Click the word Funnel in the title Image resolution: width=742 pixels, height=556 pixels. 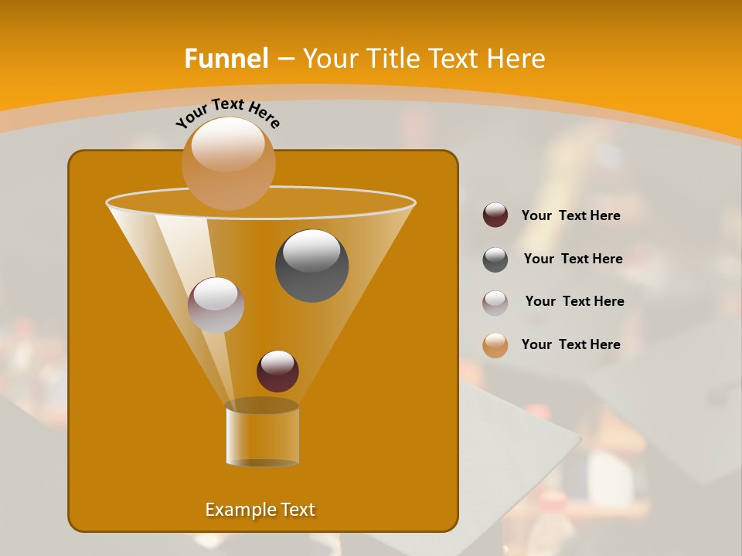coord(226,59)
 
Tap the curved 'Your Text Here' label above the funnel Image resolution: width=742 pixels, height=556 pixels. coord(228,112)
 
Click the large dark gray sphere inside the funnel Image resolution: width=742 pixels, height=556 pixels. coord(311,265)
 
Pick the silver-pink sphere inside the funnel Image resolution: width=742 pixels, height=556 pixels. coord(216,304)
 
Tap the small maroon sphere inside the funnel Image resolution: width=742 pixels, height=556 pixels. coord(277,371)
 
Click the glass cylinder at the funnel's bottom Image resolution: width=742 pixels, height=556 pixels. coord(262,437)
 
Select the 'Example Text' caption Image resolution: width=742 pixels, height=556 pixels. coord(260,510)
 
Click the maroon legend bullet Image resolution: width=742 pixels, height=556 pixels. coord(495,215)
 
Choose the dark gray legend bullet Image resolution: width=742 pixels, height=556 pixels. coord(495,259)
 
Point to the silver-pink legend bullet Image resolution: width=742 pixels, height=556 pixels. coord(495,302)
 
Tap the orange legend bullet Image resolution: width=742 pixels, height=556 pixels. coord(495,344)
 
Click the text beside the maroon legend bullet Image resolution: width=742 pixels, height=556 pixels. coord(570,215)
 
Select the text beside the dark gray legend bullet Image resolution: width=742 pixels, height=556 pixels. coord(573,259)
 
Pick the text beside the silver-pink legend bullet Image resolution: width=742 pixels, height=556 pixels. coord(574,301)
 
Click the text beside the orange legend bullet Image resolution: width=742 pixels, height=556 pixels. coord(570,344)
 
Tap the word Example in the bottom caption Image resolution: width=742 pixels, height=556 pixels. coord(237,510)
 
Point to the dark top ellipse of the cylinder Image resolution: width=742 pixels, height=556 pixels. coord(262,405)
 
